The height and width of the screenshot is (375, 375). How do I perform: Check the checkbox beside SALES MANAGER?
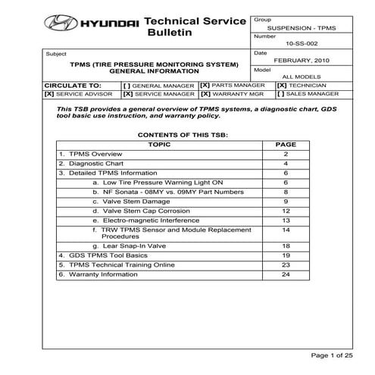pyautogui.click(x=282, y=95)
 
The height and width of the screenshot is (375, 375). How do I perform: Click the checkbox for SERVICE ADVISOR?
pyautogui.click(x=49, y=95)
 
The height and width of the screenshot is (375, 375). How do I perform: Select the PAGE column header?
pyautogui.click(x=286, y=143)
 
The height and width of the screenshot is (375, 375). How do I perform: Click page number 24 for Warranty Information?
pyautogui.click(x=286, y=274)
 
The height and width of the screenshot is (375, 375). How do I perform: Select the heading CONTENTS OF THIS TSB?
pyautogui.click(x=182, y=133)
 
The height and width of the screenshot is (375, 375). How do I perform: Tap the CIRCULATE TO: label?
pyautogui.click(x=73, y=86)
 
